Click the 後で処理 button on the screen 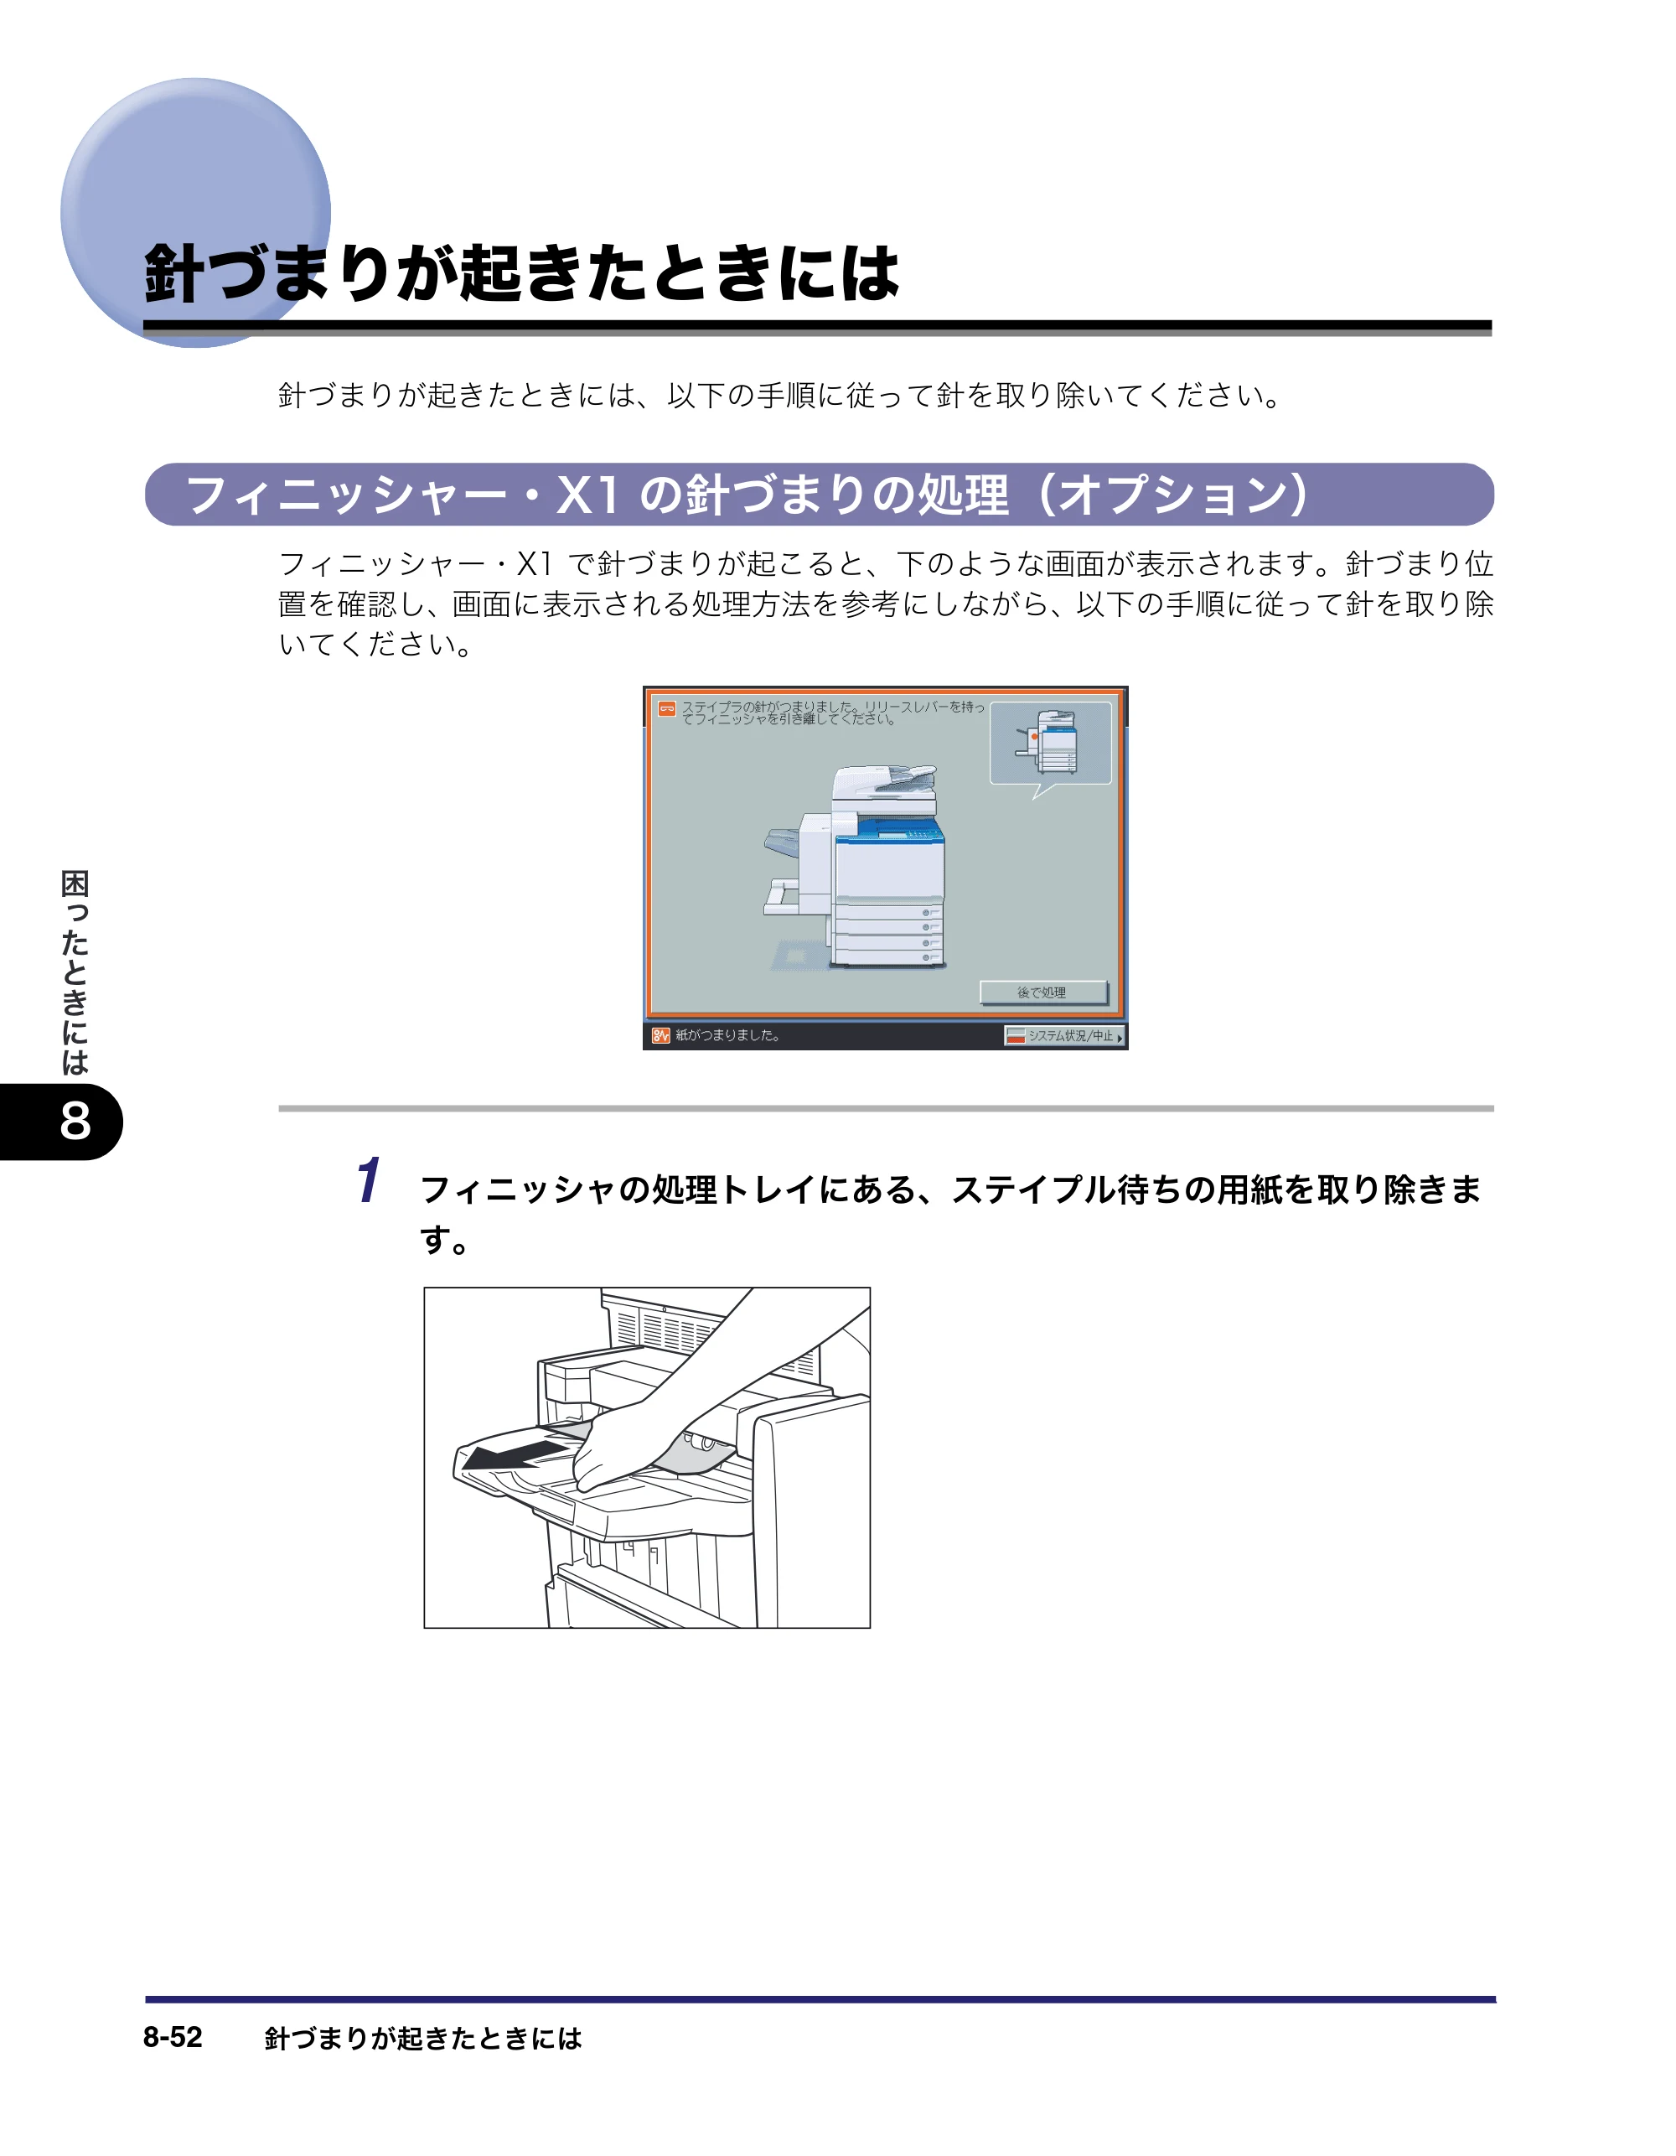point(1043,992)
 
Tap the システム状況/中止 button point(1064,1035)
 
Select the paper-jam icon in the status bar point(660,1035)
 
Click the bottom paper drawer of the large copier point(887,956)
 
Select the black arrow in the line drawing point(515,1455)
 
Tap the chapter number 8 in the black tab point(75,1122)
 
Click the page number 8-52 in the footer point(173,2037)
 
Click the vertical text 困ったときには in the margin point(75,972)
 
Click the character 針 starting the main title point(174,273)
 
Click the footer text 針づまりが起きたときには point(423,2038)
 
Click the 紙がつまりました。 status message point(728,1035)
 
